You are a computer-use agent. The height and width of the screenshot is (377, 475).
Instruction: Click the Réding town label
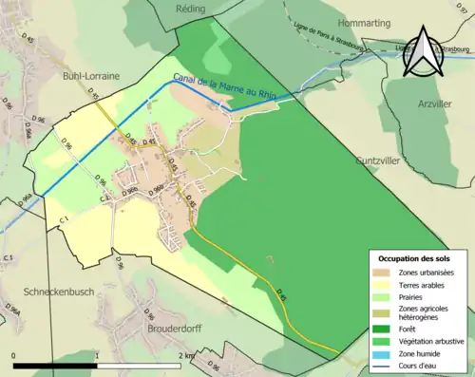click(190, 8)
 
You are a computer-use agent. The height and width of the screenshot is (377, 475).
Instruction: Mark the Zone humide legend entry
click(421, 352)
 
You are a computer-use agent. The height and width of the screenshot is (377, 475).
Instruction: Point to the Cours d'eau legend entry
click(420, 365)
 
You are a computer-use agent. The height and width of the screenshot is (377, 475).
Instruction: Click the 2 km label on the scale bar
click(189, 355)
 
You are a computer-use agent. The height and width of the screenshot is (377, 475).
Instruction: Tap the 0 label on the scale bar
click(13, 355)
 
